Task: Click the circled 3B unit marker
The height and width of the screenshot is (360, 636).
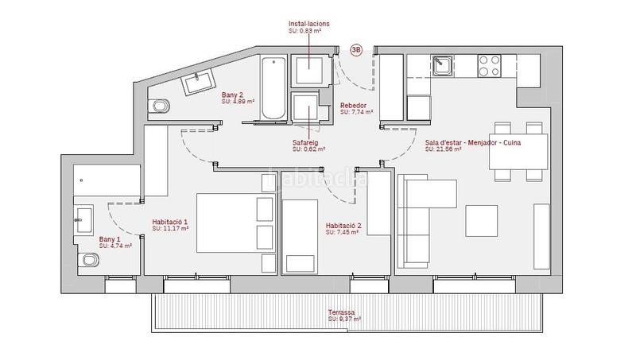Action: (x=356, y=49)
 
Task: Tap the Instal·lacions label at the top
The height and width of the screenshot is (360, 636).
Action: (x=309, y=25)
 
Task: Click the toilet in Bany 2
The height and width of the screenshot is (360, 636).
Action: (x=161, y=106)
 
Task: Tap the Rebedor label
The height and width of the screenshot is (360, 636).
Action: (x=354, y=106)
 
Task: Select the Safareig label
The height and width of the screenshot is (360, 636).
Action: (x=306, y=142)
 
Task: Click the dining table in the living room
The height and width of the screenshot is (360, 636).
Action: (x=518, y=152)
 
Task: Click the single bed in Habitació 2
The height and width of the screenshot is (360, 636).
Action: (x=301, y=235)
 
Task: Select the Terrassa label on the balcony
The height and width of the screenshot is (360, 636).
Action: (x=344, y=312)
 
